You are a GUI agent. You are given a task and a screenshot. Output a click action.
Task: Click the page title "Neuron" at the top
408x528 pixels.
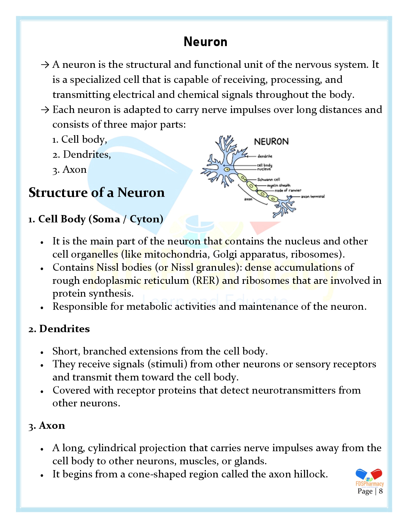coord(205,42)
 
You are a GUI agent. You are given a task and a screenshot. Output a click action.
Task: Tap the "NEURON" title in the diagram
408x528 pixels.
coord(271,141)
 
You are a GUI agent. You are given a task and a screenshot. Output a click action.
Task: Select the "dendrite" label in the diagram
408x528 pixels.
coord(265,156)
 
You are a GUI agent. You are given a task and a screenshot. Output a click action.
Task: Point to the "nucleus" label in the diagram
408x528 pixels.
coord(264,169)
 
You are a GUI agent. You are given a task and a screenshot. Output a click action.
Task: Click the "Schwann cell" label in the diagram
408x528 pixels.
coord(268,180)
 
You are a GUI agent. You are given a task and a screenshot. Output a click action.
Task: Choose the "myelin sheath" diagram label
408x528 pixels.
coord(279,185)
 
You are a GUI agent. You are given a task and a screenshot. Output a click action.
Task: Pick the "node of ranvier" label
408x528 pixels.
coord(288,190)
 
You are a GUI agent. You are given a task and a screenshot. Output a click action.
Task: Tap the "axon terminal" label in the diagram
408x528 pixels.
coord(313,196)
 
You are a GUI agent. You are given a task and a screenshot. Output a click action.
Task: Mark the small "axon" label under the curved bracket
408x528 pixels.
coord(248,199)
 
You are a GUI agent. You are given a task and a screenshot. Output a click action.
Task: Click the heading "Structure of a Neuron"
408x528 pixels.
coord(97,193)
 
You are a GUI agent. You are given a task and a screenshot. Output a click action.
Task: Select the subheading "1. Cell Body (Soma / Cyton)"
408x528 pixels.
coord(96,219)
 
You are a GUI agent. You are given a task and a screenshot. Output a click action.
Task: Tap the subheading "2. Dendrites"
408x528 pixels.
coord(59,329)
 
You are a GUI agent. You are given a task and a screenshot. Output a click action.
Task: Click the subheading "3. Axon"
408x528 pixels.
coord(47,426)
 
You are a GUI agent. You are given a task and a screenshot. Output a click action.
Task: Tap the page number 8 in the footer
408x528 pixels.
coord(381,492)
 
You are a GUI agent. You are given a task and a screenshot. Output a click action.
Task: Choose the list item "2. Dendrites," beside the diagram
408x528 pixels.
coord(82,155)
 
